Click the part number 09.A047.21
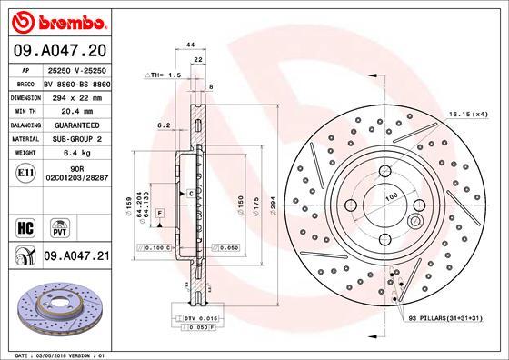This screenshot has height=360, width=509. click(77, 259)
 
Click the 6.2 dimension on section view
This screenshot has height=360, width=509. click(165, 125)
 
